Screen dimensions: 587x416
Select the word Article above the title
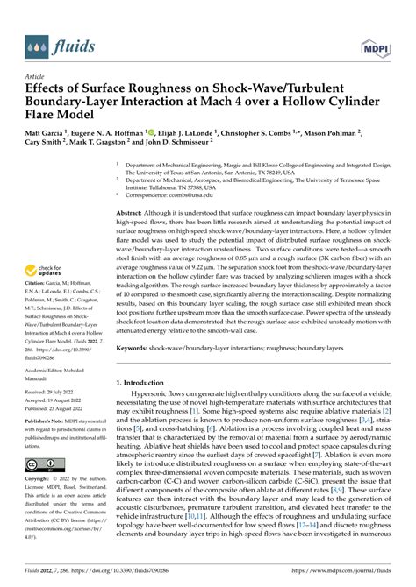pos(36,76)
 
